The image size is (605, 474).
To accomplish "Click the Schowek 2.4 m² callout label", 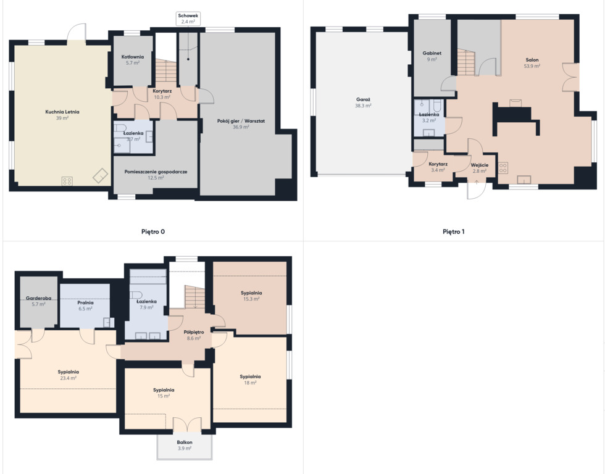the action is [188, 19].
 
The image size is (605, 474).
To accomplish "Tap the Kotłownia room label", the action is [132, 59].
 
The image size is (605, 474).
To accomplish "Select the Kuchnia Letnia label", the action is [62, 115].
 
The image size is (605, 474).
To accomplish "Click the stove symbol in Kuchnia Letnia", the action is [67, 181].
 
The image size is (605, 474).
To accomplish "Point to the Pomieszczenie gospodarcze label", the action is [156, 174].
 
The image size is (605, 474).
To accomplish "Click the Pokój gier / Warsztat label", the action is [241, 123].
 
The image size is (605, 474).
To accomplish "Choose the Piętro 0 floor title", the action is [153, 231].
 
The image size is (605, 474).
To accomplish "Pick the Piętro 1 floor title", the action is [453, 231].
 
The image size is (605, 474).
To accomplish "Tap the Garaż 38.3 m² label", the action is [363, 102].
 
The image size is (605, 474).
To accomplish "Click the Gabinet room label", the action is [432, 56].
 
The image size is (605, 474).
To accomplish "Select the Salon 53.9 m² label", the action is [532, 62].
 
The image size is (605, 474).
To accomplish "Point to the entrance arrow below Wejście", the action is [477, 183].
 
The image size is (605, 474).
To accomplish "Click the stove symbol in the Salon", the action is [503, 167].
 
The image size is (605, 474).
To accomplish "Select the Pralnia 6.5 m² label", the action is [85, 306].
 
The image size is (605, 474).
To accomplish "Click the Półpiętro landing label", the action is [194, 335].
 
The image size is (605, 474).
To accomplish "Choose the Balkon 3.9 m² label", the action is [185, 445].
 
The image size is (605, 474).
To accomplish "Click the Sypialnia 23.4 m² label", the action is [69, 375].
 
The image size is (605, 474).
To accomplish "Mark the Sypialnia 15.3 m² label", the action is [251, 296].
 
